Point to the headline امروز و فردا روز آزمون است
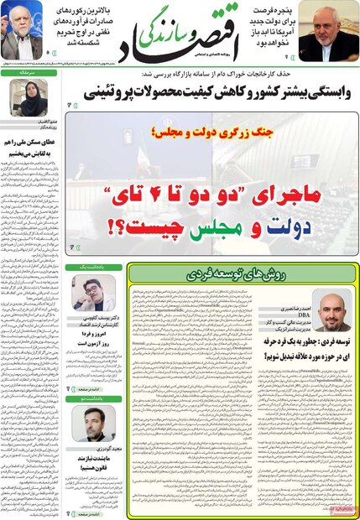93,338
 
